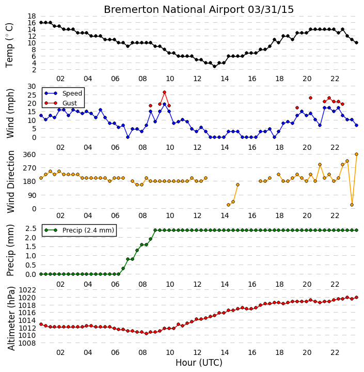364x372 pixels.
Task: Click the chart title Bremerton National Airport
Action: pos(174,10)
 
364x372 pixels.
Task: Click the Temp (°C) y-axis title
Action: pos(9,45)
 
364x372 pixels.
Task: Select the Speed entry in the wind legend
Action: pos(72,93)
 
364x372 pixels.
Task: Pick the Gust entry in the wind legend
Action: pos(70,103)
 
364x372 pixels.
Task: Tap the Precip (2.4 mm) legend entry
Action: pos(88,230)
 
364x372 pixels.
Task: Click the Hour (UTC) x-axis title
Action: pos(199,363)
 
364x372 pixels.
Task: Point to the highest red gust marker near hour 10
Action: pos(164,92)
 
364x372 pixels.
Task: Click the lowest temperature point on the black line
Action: pos(215,67)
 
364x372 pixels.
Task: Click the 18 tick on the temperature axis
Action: pos(32,16)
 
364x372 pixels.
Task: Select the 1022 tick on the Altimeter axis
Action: pos(27,290)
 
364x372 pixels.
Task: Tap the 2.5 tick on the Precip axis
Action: pos(31,228)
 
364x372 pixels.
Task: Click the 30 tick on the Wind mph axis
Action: pos(32,86)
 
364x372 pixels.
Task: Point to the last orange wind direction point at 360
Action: pos(356,154)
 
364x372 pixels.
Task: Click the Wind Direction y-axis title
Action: pos(11,182)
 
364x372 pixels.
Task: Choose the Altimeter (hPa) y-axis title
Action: pos(11,319)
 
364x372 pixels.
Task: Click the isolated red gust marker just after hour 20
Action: pos(311,98)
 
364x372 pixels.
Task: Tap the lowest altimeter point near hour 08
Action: pos(146,334)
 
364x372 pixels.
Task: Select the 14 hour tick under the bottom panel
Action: pos(225,352)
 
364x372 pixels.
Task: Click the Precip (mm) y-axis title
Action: pos(10,250)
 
